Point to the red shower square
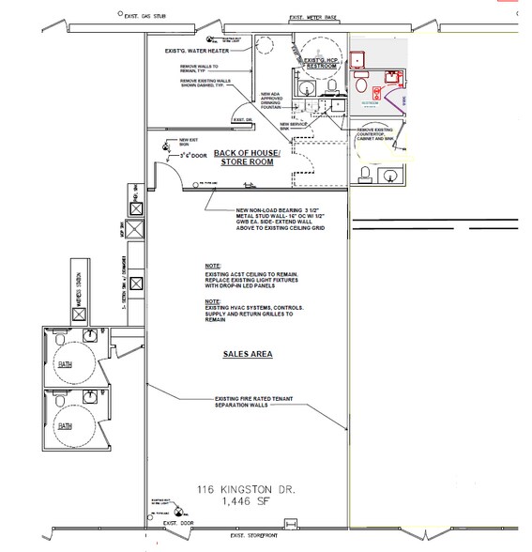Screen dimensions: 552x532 357,61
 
